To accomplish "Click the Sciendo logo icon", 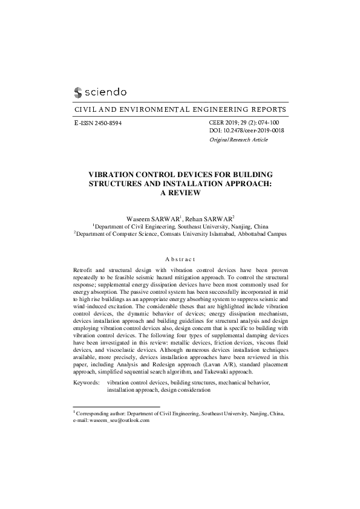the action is pos(77,93).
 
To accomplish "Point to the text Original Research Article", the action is pos(238,140).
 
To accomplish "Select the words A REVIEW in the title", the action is pos(180,193).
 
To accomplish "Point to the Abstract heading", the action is pos(180,258).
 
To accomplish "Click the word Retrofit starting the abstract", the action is pos(83,269).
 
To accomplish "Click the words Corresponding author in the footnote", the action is pos(100,413).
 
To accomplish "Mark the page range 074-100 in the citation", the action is pos(270,123).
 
